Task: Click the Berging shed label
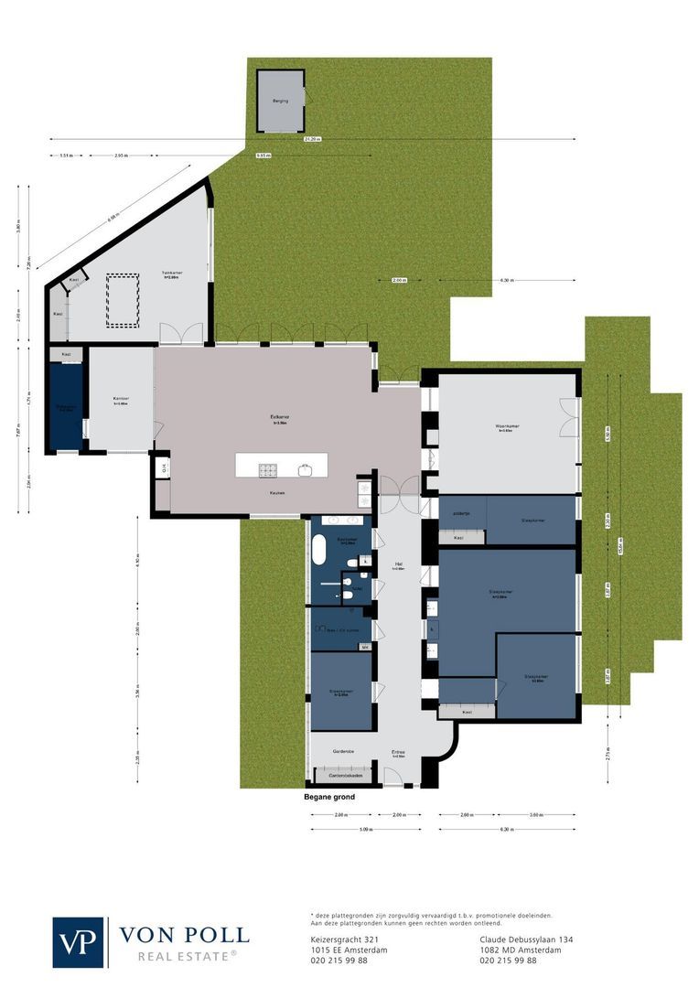pyautogui.click(x=280, y=101)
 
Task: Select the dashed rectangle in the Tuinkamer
pyautogui.click(x=122, y=299)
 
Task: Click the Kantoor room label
pyautogui.click(x=121, y=400)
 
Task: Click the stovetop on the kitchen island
pyautogui.click(x=265, y=470)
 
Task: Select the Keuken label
pyautogui.click(x=277, y=493)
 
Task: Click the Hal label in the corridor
pyautogui.click(x=398, y=564)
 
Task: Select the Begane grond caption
pyautogui.click(x=329, y=798)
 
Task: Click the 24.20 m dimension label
pyautogui.click(x=313, y=139)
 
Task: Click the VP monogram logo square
pyautogui.click(x=79, y=941)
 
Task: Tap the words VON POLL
pyautogui.click(x=184, y=934)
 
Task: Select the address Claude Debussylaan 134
pyautogui.click(x=526, y=940)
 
